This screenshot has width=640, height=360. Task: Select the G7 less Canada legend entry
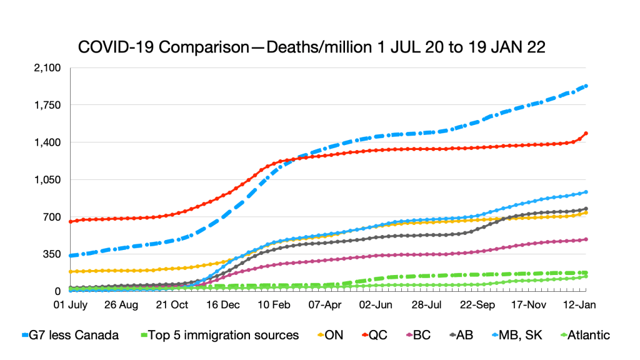[x=71, y=335]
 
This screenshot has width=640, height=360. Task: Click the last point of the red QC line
[x=586, y=133]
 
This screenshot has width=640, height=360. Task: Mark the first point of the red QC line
[x=71, y=221]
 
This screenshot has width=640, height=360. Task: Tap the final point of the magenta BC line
[x=586, y=239]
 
